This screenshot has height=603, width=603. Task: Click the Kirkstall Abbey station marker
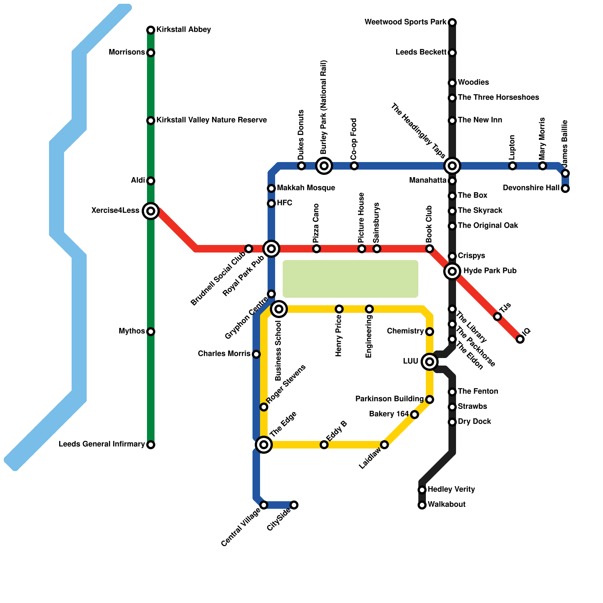click(151, 30)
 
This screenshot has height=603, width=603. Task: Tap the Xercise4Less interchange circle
click(151, 211)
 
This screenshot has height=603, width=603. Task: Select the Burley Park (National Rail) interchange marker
click(324, 166)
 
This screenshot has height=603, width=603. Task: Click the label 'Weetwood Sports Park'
click(406, 22)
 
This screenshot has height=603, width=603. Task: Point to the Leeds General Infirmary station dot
click(151, 445)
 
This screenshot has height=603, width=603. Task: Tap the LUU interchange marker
click(430, 362)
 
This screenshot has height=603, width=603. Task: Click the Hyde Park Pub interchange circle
click(452, 271)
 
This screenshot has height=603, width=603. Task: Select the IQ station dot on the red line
click(520, 339)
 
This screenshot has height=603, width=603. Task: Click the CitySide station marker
click(294, 505)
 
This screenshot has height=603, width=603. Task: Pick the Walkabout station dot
click(422, 505)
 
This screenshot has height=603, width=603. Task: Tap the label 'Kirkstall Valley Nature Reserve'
click(211, 120)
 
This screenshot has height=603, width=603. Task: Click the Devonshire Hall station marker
click(565, 188)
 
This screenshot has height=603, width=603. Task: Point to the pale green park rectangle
click(350, 279)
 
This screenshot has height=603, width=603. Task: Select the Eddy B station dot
click(324, 445)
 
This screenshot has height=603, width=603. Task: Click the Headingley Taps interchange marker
click(452, 166)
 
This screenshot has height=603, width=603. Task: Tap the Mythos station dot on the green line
click(151, 332)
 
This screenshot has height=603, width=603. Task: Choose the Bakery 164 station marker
click(415, 415)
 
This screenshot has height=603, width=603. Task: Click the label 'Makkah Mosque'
click(306, 188)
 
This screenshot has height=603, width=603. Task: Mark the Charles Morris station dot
click(256, 354)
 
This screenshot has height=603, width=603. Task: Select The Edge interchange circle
click(264, 445)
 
